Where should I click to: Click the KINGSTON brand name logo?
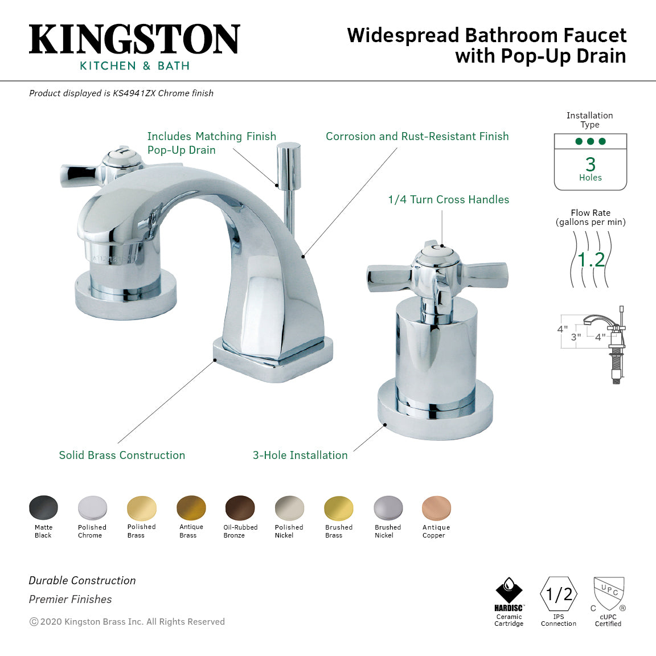coord(134,40)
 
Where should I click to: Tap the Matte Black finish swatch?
coord(43,508)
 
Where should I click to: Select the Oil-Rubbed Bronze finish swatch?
coord(240,508)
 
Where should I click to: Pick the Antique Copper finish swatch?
coord(436,508)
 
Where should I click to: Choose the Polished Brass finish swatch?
coord(142,508)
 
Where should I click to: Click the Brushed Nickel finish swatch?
coord(388,508)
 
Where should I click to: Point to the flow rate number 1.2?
coord(591,260)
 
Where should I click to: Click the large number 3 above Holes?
coord(591,165)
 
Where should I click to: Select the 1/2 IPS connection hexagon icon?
coord(559,594)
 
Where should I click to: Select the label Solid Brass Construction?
coord(122,456)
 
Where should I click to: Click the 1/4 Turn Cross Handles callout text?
coord(448,200)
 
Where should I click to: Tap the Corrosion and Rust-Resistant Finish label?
coord(417,137)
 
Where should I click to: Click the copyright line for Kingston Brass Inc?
coord(127,622)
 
